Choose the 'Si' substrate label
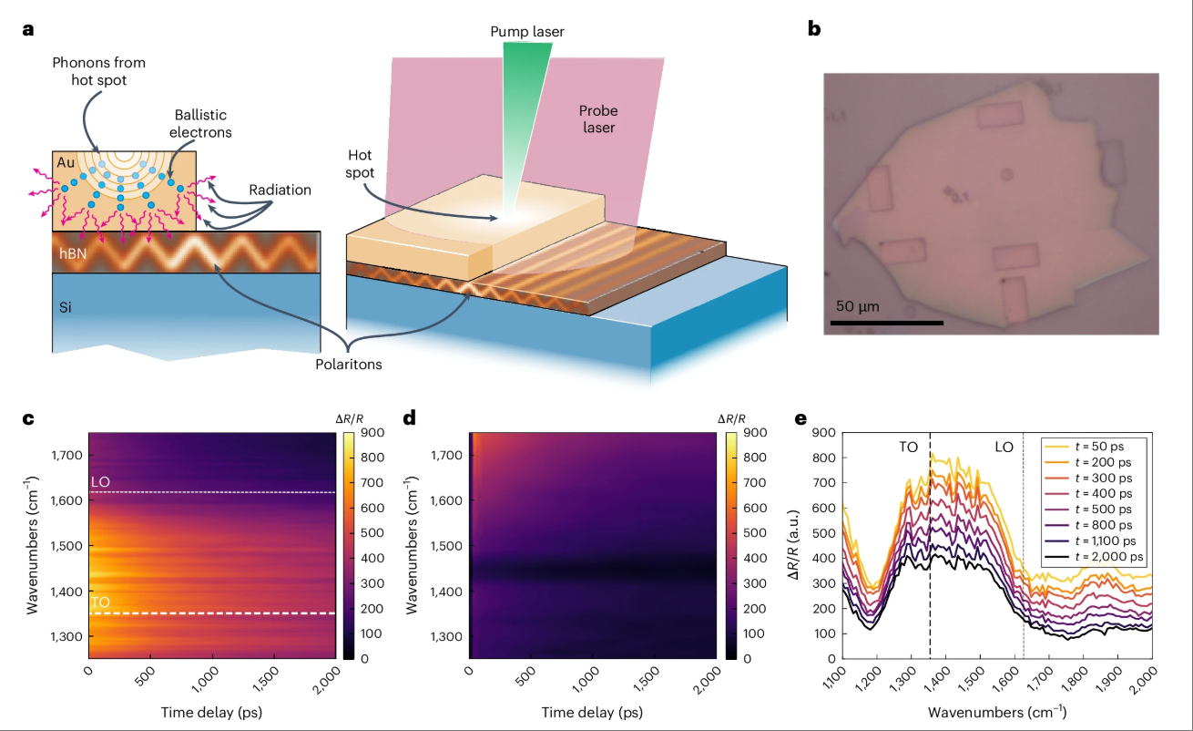pyautogui.click(x=66, y=307)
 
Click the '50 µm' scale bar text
pyautogui.click(x=858, y=306)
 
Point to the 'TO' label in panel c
pyautogui.click(x=99, y=602)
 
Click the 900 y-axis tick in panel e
pyautogui.click(x=822, y=434)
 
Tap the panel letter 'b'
pyautogui.click(x=814, y=29)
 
